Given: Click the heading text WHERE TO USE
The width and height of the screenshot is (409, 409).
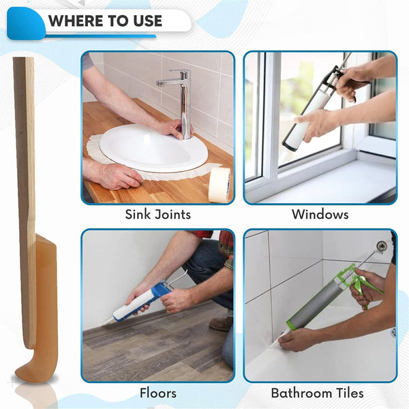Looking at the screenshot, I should [x=105, y=20].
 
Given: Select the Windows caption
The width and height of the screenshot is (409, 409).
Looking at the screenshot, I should [x=320, y=215].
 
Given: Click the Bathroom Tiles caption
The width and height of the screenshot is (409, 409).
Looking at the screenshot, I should [x=317, y=393].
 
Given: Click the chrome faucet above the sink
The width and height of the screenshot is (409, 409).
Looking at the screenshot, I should [x=182, y=99].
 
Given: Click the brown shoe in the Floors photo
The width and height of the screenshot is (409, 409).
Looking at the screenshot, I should [x=222, y=324].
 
